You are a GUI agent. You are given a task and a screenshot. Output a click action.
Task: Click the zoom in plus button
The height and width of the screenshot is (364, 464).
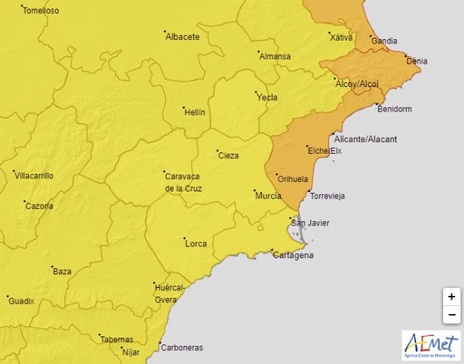pyautogui.click(x=451, y=297)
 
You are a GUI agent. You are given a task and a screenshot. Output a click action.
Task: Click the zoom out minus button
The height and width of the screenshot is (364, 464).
pyautogui.click(x=451, y=315)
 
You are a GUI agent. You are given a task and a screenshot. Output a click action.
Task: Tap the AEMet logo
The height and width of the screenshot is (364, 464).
pyautogui.click(x=431, y=344)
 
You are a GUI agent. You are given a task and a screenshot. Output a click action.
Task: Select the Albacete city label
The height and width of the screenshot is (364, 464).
pyautogui.click(x=182, y=36)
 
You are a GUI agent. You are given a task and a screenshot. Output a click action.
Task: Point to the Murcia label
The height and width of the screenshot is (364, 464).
pyautogui.click(x=268, y=196)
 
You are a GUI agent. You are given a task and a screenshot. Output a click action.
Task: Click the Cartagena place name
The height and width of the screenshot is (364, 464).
pyautogui.click(x=293, y=255)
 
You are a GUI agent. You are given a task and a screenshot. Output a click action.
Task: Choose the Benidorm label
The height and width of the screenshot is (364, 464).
pyautogui.click(x=394, y=109)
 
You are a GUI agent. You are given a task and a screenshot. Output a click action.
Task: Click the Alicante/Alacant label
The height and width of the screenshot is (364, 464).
pyautogui.click(x=367, y=139)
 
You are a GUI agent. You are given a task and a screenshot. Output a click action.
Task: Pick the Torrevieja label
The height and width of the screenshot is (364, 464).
pyautogui.click(x=327, y=197)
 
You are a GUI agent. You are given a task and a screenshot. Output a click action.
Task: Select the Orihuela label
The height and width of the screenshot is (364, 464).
pyautogui.click(x=293, y=179)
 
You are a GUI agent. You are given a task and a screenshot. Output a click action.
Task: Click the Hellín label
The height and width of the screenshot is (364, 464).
pyautogui.click(x=194, y=113)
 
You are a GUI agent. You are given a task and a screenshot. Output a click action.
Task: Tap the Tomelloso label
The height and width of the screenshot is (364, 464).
pyautogui.click(x=41, y=11)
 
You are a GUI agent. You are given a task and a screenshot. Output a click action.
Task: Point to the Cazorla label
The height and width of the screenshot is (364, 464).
pyautogui.click(x=39, y=206)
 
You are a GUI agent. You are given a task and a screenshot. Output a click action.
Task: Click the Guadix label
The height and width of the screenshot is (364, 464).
pyautogui.click(x=21, y=301)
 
